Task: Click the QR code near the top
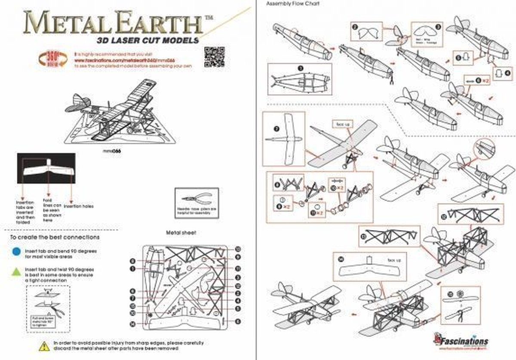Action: (213, 56)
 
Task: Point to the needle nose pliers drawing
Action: (197, 199)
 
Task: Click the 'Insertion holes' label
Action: (79, 206)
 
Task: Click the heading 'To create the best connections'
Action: (55, 237)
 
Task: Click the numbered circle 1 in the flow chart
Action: (301, 68)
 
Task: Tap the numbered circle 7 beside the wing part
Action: (276, 128)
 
